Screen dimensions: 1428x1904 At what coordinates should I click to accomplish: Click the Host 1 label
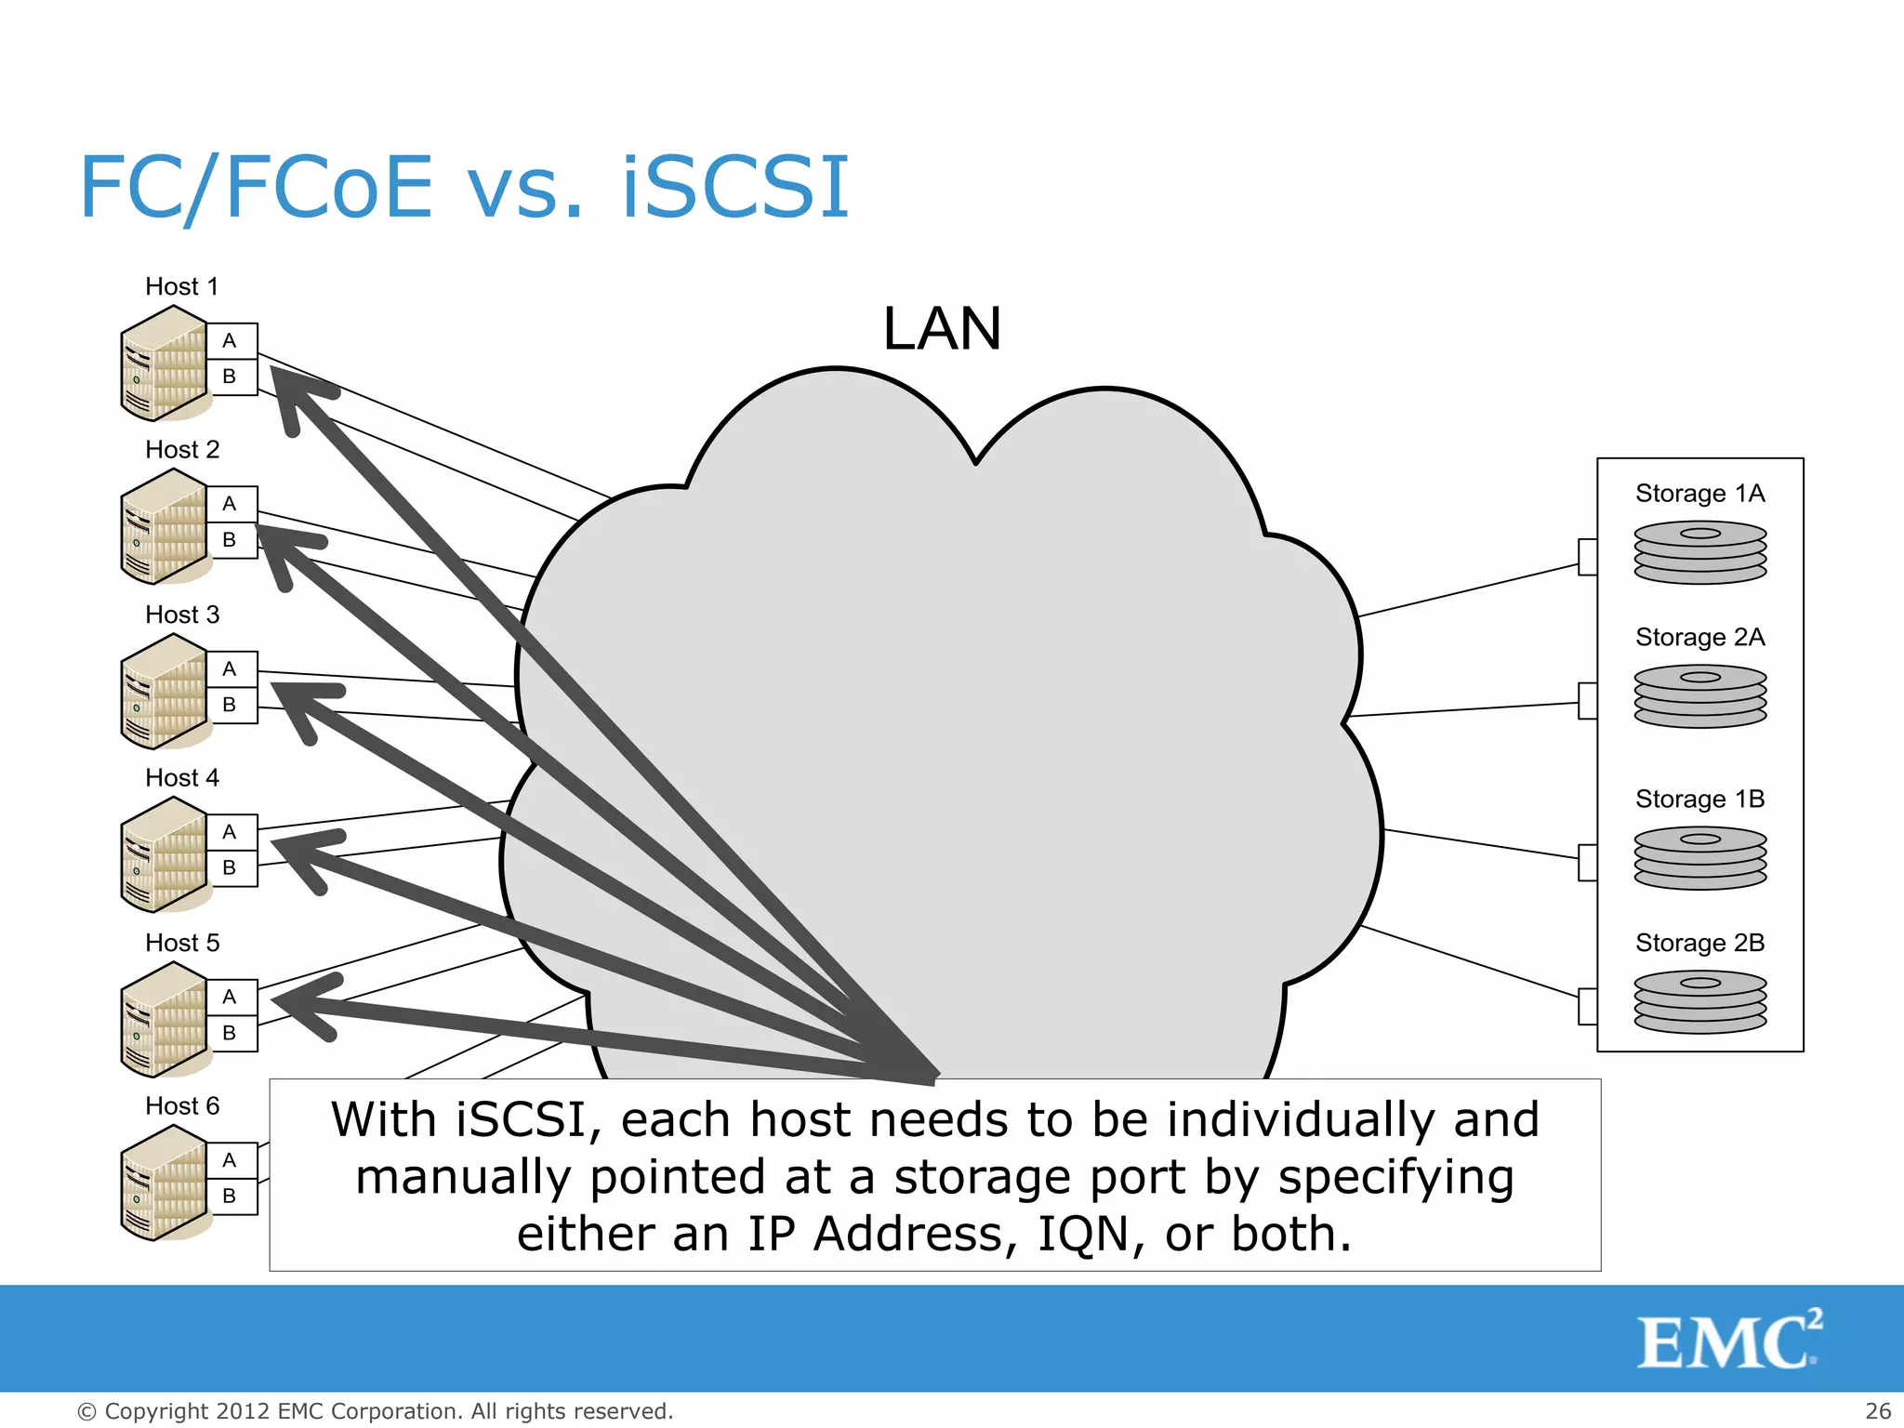tap(182, 286)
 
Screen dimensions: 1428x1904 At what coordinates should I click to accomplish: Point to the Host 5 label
tap(182, 943)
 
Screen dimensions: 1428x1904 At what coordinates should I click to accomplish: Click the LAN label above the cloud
tap(942, 329)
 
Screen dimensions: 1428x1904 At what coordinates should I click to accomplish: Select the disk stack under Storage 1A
tap(1699, 552)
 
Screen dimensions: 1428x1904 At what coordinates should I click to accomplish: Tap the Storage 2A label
tap(1699, 637)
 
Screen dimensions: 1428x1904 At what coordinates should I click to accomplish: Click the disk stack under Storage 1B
tap(1699, 858)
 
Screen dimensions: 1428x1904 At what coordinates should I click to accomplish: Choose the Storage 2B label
tap(1699, 943)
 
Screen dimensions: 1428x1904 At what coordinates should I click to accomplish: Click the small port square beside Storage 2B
tap(1588, 1006)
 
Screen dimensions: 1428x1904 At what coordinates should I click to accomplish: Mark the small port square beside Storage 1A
tap(1588, 557)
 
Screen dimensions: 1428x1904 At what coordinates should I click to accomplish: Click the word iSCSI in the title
tap(734, 188)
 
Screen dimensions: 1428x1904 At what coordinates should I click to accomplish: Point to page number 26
tap(1878, 1411)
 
